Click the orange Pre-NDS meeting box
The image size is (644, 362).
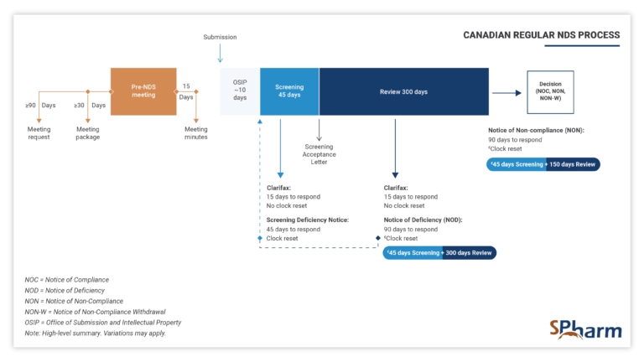[143, 91]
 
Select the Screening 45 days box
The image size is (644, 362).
[289, 91]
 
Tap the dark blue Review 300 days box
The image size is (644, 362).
[403, 91]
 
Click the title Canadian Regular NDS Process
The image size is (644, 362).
[542, 35]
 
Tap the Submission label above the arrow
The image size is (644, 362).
[220, 37]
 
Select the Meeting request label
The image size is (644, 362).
[39, 133]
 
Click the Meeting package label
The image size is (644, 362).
[88, 133]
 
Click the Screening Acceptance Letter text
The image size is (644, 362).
[319, 155]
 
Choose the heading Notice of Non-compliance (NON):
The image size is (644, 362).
[536, 130]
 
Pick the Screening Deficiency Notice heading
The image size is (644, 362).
[308, 220]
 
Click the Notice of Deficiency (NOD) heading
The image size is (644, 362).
[423, 220]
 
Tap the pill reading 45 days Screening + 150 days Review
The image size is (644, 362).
[543, 164]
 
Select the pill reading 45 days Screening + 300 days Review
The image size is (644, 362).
[439, 252]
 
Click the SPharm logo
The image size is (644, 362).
[579, 328]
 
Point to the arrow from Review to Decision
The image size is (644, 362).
[506, 93]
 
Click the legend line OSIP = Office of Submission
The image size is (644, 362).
[103, 323]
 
